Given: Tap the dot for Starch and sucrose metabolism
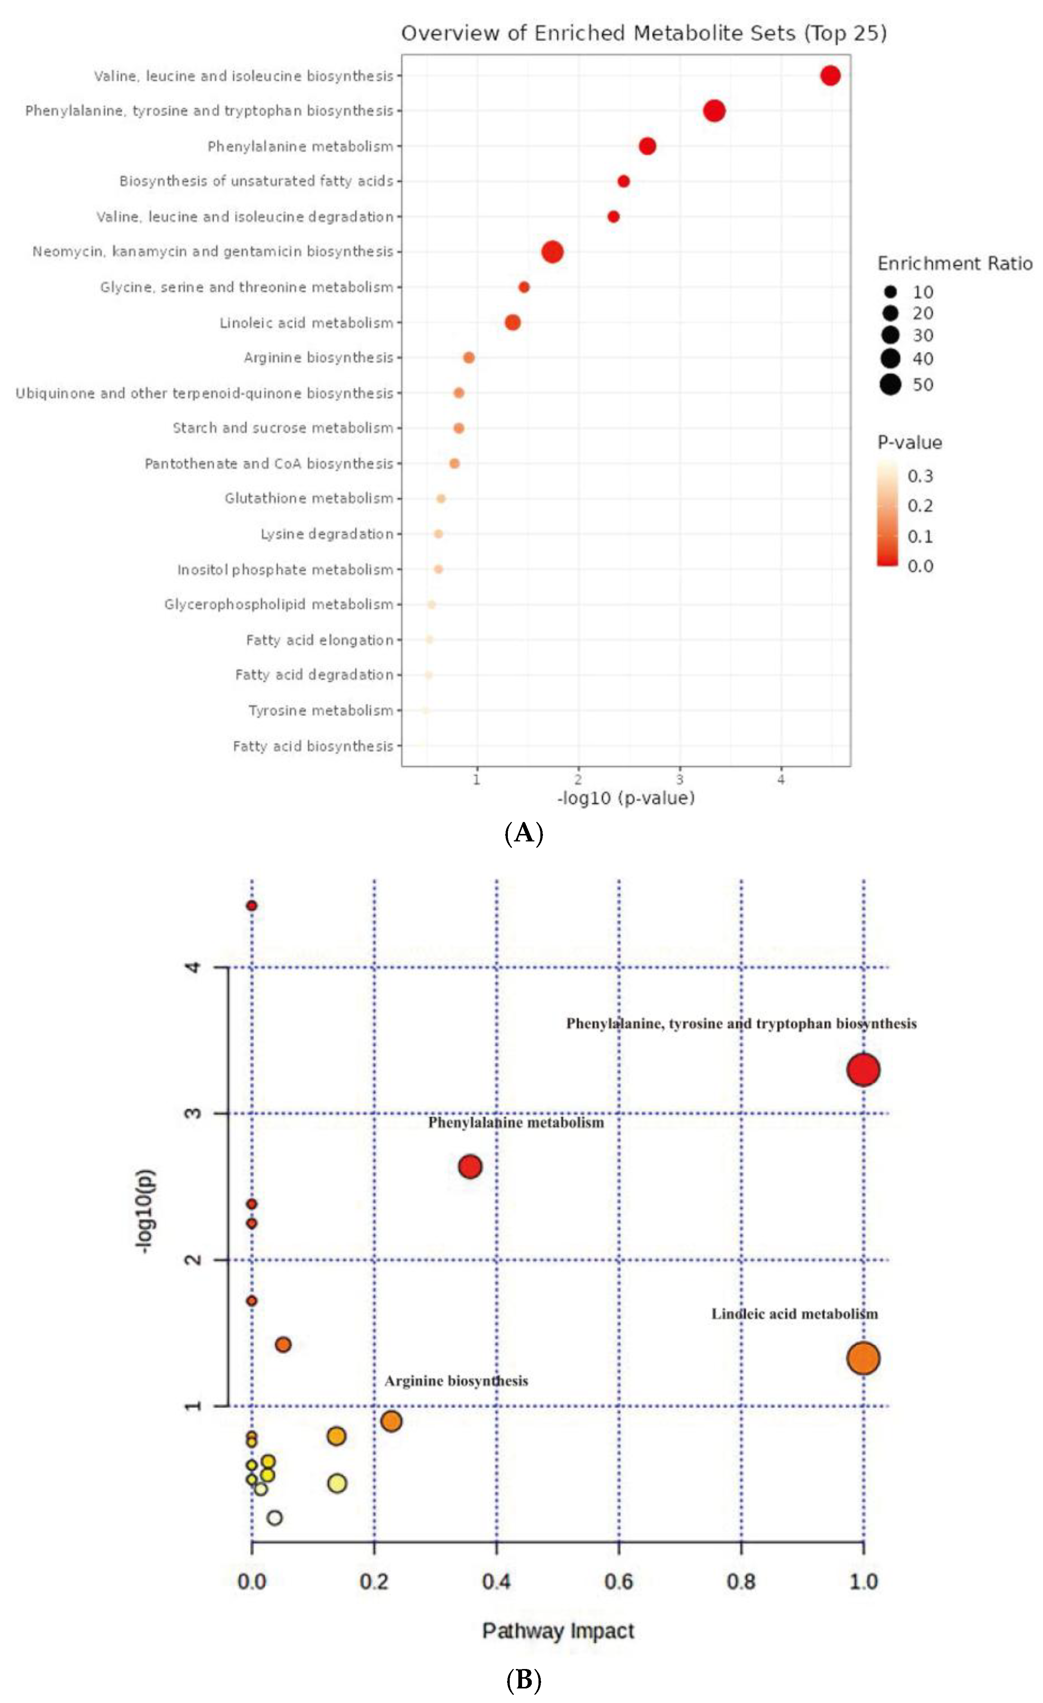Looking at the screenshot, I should [x=458, y=428].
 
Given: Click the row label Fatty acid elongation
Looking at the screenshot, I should [x=319, y=640].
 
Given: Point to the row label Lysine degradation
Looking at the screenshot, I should [x=326, y=534].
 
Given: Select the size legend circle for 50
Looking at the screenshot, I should [x=890, y=384].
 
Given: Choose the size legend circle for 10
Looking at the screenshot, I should [x=890, y=292].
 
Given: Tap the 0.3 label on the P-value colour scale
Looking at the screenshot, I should [x=920, y=475].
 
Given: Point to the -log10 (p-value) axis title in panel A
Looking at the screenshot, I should [x=626, y=798].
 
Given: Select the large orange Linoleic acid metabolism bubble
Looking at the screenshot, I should [x=863, y=1358].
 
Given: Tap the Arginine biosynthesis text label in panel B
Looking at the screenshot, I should [x=456, y=1381].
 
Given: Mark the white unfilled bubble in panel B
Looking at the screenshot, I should [x=274, y=1518].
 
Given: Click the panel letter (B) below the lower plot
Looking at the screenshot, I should [x=523, y=1680].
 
